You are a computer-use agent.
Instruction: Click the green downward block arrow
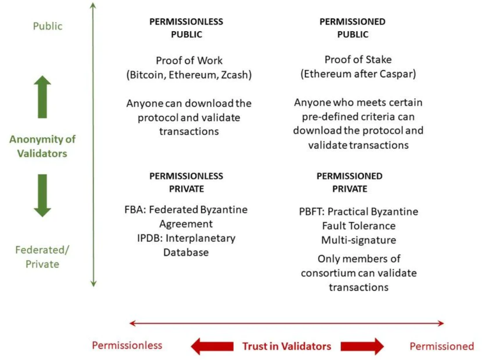42,195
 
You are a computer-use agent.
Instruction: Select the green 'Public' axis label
47,26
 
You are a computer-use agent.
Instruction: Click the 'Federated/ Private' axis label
42,257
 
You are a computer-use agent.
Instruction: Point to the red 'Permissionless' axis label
127,345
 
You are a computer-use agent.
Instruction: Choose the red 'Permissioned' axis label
441,346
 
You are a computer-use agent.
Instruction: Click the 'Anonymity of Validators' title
42,146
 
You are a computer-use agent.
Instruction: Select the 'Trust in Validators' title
287,346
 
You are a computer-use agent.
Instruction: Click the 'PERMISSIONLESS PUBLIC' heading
186,28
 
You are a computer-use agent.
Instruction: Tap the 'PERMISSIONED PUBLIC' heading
352,28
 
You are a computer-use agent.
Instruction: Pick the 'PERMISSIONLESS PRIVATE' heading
186,182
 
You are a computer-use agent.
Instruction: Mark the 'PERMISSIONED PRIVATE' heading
349,182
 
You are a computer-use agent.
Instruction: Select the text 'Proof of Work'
189,60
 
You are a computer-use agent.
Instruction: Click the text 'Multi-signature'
358,240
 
